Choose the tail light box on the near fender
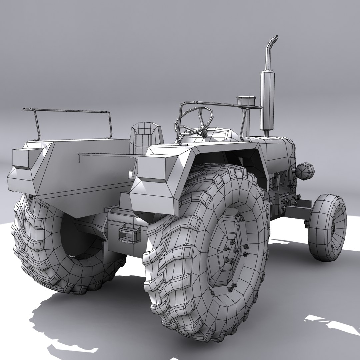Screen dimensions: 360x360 pyautogui.click(x=152, y=167)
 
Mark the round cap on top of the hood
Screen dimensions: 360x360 pyautogui.click(x=246, y=100)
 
